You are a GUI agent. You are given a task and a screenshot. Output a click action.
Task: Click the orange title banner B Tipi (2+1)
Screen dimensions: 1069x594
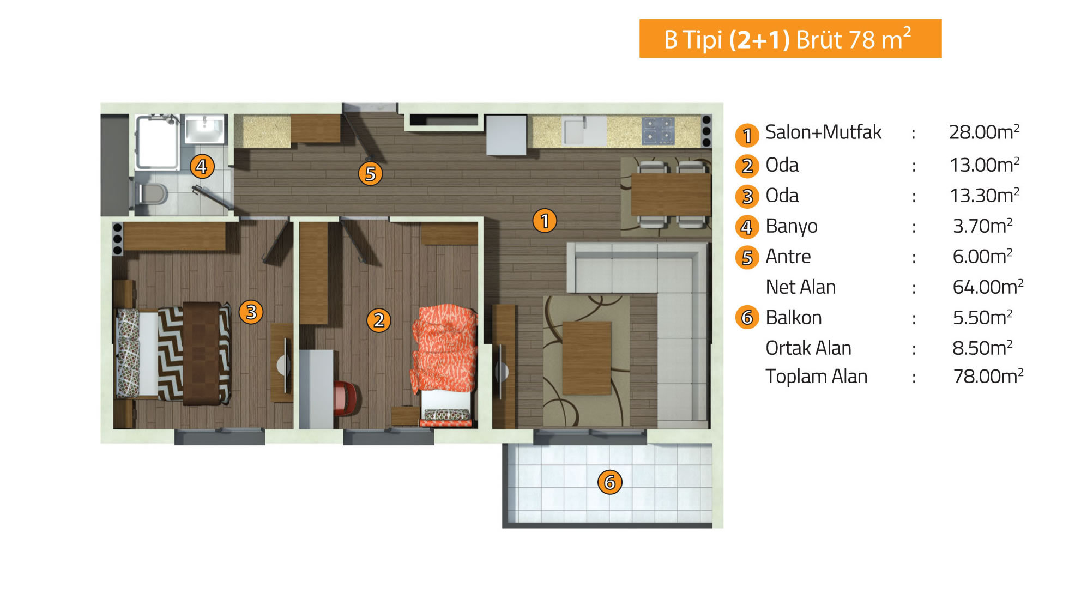790,39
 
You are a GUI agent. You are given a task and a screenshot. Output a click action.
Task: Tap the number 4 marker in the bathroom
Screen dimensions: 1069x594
202,166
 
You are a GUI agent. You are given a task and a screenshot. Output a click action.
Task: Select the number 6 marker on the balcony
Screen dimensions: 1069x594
609,482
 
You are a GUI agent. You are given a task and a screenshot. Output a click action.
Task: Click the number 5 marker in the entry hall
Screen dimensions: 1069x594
370,174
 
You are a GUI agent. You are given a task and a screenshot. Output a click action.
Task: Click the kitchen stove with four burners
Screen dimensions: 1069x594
658,131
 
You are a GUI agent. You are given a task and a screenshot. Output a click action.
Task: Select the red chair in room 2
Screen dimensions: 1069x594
346,398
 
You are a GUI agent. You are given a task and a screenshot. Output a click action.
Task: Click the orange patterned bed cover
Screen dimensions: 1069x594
444,349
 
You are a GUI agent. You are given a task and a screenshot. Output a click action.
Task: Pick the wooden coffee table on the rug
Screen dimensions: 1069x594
587,358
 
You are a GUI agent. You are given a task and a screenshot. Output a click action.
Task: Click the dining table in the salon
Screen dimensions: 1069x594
671,195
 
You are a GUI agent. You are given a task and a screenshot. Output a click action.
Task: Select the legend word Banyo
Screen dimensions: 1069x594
792,226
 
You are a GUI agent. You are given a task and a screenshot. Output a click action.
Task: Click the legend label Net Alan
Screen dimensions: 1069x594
800,287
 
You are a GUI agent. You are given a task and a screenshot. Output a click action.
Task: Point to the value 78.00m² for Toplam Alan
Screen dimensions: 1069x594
988,376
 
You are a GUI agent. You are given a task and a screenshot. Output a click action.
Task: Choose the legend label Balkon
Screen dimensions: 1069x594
793,317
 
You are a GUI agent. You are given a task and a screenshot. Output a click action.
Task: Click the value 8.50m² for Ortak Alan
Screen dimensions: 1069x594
982,348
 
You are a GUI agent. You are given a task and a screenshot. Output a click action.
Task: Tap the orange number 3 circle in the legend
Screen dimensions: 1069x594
747,196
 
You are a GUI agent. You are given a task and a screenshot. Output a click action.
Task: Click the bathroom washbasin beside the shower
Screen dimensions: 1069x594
204,129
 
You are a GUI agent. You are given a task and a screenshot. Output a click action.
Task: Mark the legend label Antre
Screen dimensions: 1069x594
788,256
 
